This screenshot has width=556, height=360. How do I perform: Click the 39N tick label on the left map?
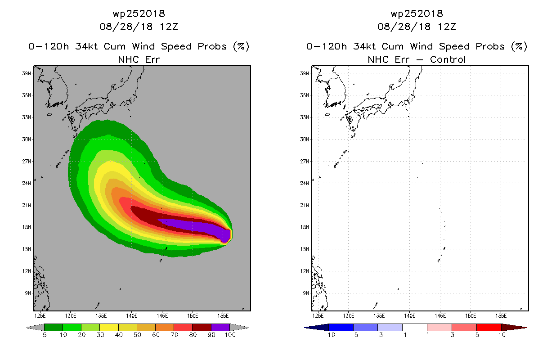click(x=27, y=73)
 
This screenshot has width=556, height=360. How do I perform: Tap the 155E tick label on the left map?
click(x=223, y=316)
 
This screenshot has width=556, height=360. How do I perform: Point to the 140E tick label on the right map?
click(x=409, y=316)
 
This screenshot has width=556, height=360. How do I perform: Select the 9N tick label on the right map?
click(x=306, y=293)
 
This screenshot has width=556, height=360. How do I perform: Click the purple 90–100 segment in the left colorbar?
click(x=220, y=327)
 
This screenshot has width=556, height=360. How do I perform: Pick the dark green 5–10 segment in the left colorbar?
click(x=54, y=327)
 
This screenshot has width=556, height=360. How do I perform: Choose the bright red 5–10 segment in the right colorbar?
click(x=489, y=327)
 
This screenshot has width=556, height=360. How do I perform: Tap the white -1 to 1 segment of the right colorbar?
click(x=415, y=327)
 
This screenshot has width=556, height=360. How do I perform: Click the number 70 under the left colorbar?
click(x=175, y=335)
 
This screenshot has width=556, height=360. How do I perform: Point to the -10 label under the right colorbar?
click(x=329, y=335)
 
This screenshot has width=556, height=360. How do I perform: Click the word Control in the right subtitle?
click(x=448, y=60)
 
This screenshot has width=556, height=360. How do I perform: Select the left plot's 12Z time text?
click(x=169, y=27)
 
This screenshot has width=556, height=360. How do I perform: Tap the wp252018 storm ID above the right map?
click(x=417, y=14)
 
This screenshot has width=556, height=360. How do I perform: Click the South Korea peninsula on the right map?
click(x=336, y=92)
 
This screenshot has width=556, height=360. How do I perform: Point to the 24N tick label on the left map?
click(x=27, y=183)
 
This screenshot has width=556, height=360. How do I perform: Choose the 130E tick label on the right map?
click(x=349, y=316)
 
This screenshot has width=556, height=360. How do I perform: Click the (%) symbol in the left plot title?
click(x=241, y=46)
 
